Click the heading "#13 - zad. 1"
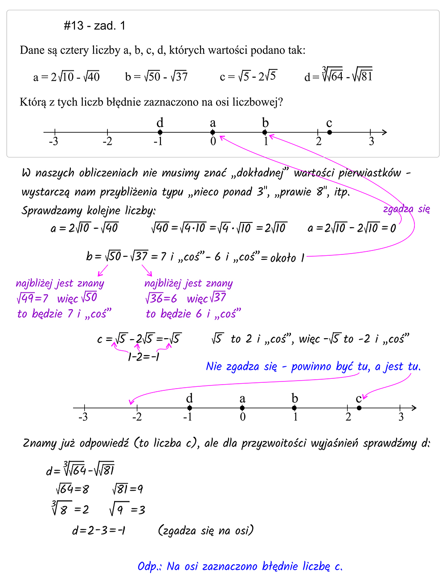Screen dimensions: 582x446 [94, 26]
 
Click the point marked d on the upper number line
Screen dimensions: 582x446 [160, 132]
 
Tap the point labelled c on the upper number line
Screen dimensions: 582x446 [329, 132]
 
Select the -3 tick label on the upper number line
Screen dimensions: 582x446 [53, 142]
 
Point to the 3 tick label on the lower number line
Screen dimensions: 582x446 [401, 417]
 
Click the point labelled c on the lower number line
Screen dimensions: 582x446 [359, 408]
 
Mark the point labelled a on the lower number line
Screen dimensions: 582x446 [242, 408]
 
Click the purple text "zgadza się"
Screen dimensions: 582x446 [406, 209]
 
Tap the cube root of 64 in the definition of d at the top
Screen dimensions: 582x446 [332, 76]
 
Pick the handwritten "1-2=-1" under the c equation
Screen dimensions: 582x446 [143, 357]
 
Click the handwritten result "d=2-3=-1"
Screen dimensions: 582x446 [98, 530]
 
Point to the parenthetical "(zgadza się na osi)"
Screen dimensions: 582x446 [206, 530]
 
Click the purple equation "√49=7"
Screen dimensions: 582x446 [32, 298]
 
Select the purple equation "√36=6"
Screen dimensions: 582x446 [161, 298]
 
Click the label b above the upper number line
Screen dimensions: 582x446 [265, 123]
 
